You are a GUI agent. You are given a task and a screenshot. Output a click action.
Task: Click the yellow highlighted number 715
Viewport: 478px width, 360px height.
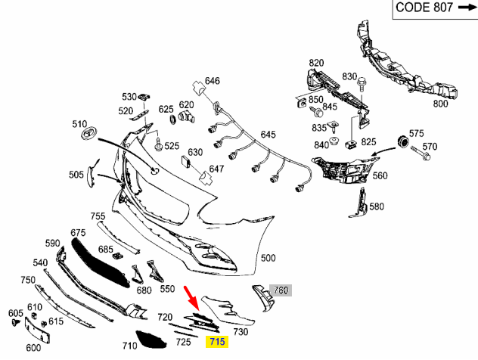point(217,342)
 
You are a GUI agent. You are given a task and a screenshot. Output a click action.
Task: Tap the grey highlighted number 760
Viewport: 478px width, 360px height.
point(281,290)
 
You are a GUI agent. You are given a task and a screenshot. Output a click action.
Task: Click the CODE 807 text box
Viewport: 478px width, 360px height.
point(435,9)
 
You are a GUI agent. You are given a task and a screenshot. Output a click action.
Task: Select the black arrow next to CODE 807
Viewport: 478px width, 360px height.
point(467,7)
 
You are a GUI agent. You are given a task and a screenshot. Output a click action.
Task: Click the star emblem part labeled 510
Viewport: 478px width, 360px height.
point(89,134)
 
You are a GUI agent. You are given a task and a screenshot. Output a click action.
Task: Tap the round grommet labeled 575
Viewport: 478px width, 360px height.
point(404,141)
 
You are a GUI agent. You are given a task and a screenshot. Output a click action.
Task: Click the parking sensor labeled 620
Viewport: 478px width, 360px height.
point(185,116)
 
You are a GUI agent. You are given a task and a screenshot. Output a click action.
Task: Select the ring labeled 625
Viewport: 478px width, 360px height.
point(172,119)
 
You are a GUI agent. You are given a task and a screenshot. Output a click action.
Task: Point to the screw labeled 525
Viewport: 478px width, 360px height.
point(158,144)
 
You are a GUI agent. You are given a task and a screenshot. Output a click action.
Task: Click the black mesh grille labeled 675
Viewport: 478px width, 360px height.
point(100,263)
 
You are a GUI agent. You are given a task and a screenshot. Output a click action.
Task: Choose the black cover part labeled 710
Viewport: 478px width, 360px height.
point(151,340)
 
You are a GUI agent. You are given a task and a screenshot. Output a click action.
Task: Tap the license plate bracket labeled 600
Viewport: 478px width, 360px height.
point(37,331)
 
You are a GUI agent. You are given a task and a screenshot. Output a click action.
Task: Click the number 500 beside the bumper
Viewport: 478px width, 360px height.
point(268,258)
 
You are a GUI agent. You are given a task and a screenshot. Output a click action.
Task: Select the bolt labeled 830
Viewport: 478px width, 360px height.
point(362,84)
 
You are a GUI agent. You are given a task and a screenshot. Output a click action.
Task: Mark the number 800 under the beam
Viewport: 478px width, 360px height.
point(440,104)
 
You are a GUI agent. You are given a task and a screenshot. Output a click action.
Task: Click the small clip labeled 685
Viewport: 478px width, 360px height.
point(117,256)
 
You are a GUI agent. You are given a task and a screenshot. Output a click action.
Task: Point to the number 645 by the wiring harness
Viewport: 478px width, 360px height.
point(268,135)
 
